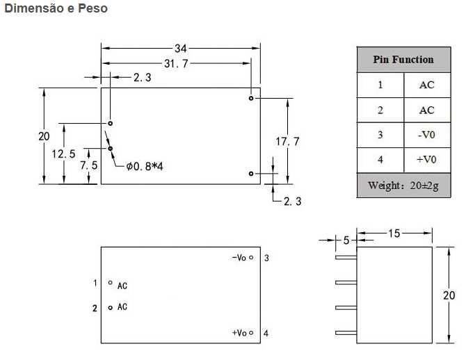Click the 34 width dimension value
[x=180, y=49]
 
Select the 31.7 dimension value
[x=176, y=63]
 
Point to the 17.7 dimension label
[x=287, y=141]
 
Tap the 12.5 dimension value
[x=63, y=154]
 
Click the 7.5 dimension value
[x=88, y=165]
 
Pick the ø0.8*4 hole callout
[x=145, y=167]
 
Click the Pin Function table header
[x=403, y=59]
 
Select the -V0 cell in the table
[x=427, y=135]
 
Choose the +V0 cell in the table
[x=427, y=160]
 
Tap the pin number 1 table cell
[x=380, y=85]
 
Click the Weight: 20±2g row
[x=403, y=186]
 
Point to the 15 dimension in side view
[x=394, y=234]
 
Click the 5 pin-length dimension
[x=346, y=240]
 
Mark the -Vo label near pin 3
[x=239, y=258]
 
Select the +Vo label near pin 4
[x=239, y=333]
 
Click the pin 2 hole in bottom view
[x=111, y=308]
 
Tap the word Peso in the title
[x=93, y=8]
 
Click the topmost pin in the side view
[x=346, y=258]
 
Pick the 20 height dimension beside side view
[x=449, y=295]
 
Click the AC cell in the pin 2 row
[x=427, y=111]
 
